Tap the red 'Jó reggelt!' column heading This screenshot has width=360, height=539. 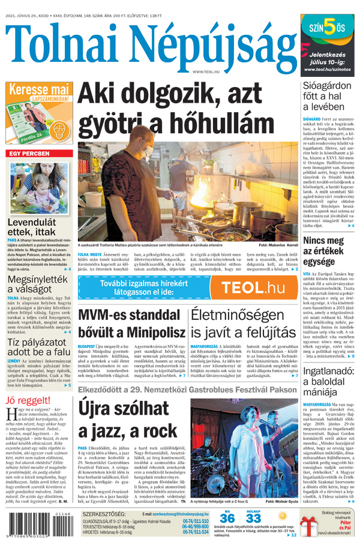(x=28, y=401)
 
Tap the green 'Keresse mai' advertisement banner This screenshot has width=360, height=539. (x=39, y=112)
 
